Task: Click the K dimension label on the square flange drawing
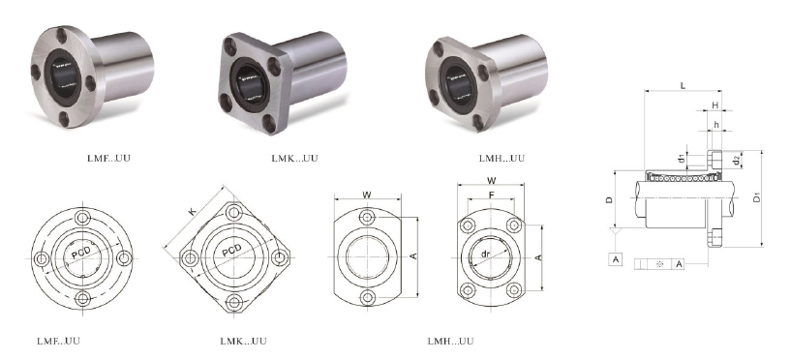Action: point(193,211)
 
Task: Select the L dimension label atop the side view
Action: point(683,85)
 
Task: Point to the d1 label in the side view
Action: point(682,159)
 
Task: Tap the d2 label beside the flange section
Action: point(737,161)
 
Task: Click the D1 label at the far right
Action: point(757,197)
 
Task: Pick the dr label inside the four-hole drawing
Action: point(485,254)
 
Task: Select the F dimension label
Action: point(491,195)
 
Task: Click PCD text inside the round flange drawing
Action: point(80,253)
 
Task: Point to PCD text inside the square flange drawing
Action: point(231,250)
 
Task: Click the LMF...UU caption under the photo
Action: point(108,158)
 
